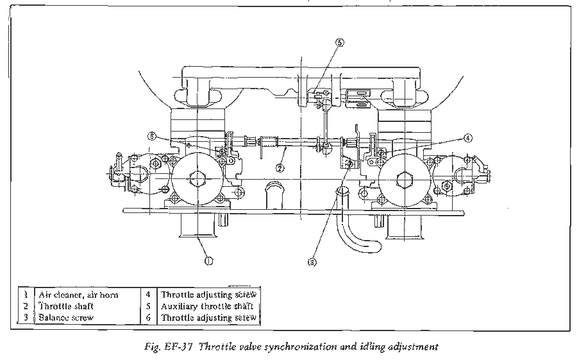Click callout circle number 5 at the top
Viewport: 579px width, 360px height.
click(340, 42)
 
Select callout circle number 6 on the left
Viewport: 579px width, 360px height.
click(152, 136)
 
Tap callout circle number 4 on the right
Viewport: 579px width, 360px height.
click(467, 138)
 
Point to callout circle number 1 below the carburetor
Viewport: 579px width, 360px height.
click(208, 261)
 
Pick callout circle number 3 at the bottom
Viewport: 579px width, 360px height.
click(312, 262)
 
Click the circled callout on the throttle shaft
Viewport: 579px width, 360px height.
click(280, 167)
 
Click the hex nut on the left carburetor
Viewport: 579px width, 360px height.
click(197, 179)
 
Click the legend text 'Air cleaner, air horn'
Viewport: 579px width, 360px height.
click(78, 295)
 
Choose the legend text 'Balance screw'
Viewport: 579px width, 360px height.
click(66, 318)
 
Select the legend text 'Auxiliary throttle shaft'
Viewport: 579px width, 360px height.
click(207, 306)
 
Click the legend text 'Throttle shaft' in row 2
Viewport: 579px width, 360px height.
click(66, 306)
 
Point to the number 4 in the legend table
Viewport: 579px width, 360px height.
click(148, 295)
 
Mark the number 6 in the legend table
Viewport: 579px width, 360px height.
click(148, 318)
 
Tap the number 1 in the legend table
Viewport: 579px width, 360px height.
click(26, 295)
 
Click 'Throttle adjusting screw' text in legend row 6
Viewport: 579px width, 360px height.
click(208, 318)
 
